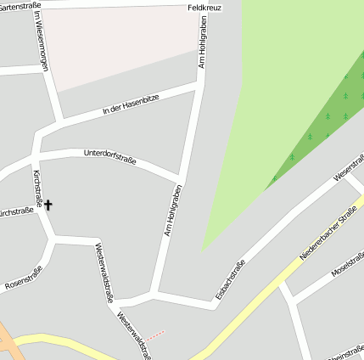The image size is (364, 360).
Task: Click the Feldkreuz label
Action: pyautogui.click(x=204, y=8)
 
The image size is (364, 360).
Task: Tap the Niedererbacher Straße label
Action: pyautogui.click(x=328, y=235)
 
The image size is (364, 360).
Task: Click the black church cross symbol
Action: pyautogui.click(x=48, y=205)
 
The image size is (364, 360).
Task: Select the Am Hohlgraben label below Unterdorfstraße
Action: pyautogui.click(x=173, y=210)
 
